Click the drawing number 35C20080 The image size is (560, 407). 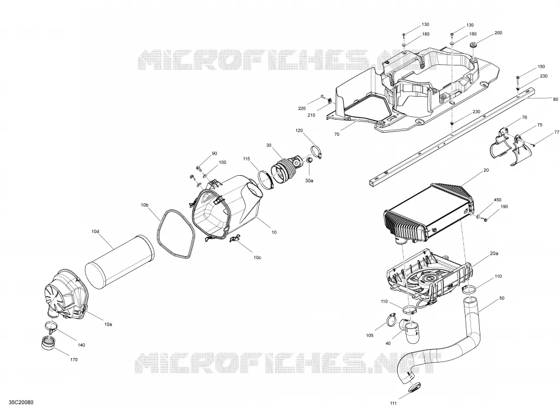pyautogui.click(x=21, y=402)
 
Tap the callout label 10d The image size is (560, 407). pyautogui.click(x=95, y=232)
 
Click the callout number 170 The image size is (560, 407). pyautogui.click(x=74, y=359)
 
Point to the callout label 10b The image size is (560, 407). pyautogui.click(x=144, y=205)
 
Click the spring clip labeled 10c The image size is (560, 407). pyautogui.click(x=235, y=239)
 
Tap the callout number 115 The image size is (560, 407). pyautogui.click(x=246, y=159)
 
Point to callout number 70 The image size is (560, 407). pyautogui.click(x=337, y=134)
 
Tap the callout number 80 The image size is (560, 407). pyautogui.click(x=555, y=99)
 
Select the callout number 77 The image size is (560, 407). pyautogui.click(x=557, y=132)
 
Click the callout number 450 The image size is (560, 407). pyautogui.click(x=498, y=200)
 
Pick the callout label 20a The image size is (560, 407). pyautogui.click(x=494, y=254)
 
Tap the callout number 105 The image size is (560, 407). pyautogui.click(x=370, y=336)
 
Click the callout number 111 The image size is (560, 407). pyautogui.click(x=393, y=403)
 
